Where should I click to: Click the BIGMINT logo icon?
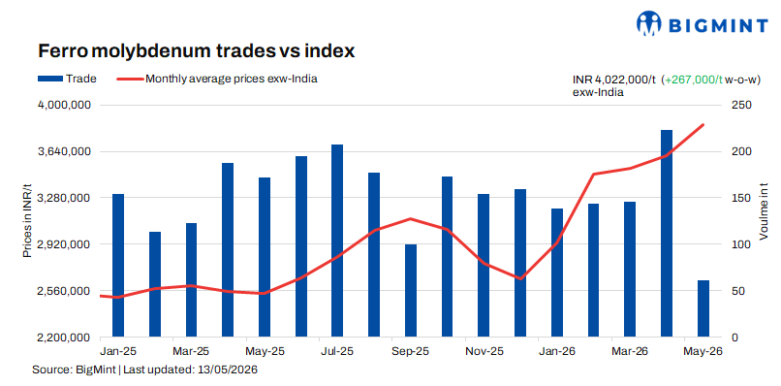648,24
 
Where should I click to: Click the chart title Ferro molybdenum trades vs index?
197,50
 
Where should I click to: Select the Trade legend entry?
67,79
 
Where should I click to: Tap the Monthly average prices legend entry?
217,79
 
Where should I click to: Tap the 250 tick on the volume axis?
739,105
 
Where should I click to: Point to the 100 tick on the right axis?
739,244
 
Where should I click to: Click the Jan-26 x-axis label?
557,352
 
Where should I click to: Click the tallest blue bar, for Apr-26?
667,234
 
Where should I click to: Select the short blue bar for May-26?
703,308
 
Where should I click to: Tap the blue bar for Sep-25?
411,291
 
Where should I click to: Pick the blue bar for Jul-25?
337,241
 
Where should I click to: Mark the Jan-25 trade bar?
118,266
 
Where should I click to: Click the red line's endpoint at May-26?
703,125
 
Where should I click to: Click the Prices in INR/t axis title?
28,220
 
